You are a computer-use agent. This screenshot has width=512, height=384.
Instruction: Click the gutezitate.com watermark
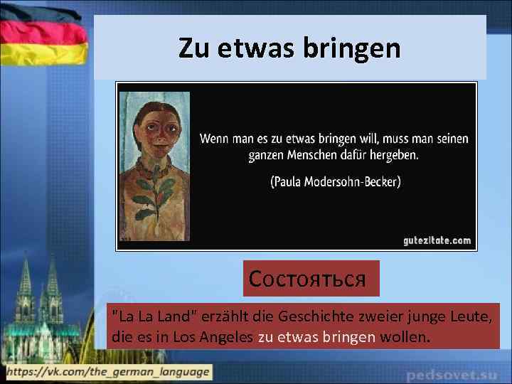click(436, 240)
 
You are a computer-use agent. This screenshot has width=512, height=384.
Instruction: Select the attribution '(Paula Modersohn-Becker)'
click(335, 181)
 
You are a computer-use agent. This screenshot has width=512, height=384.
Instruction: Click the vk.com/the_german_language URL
click(107, 371)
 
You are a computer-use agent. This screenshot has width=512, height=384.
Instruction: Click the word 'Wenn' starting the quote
click(215, 138)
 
